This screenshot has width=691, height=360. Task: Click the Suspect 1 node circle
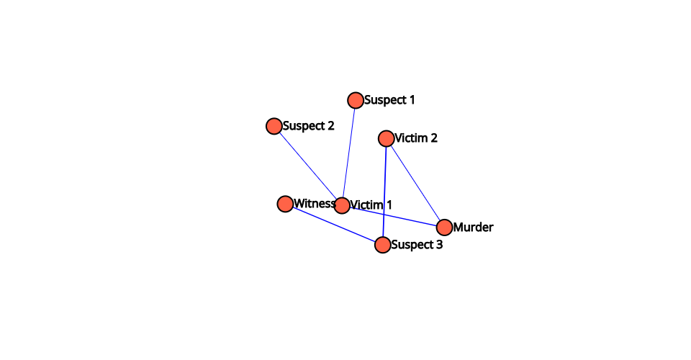(355, 101)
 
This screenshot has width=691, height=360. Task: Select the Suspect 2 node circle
(274, 126)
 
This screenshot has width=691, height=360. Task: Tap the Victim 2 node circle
(386, 138)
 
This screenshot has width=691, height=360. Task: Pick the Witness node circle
(285, 204)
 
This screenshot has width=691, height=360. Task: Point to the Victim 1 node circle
(342, 205)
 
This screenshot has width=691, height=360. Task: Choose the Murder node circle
(444, 228)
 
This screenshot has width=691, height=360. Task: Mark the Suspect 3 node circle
(382, 245)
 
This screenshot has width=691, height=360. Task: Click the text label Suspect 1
(389, 100)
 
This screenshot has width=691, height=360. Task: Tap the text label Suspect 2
(309, 126)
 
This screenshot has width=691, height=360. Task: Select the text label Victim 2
(416, 138)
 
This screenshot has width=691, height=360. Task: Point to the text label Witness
(315, 204)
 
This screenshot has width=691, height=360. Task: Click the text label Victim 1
(371, 205)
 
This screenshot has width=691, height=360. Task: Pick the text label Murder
(474, 228)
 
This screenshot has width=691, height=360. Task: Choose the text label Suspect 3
(417, 245)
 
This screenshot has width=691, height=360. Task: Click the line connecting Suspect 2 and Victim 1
(308, 166)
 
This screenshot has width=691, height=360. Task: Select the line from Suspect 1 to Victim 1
(348, 153)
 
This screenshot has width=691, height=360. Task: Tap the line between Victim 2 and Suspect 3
(384, 192)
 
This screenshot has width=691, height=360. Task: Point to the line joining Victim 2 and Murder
(415, 183)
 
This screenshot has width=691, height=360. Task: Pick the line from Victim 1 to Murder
(393, 216)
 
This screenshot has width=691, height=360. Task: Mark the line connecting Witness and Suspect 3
(334, 225)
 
